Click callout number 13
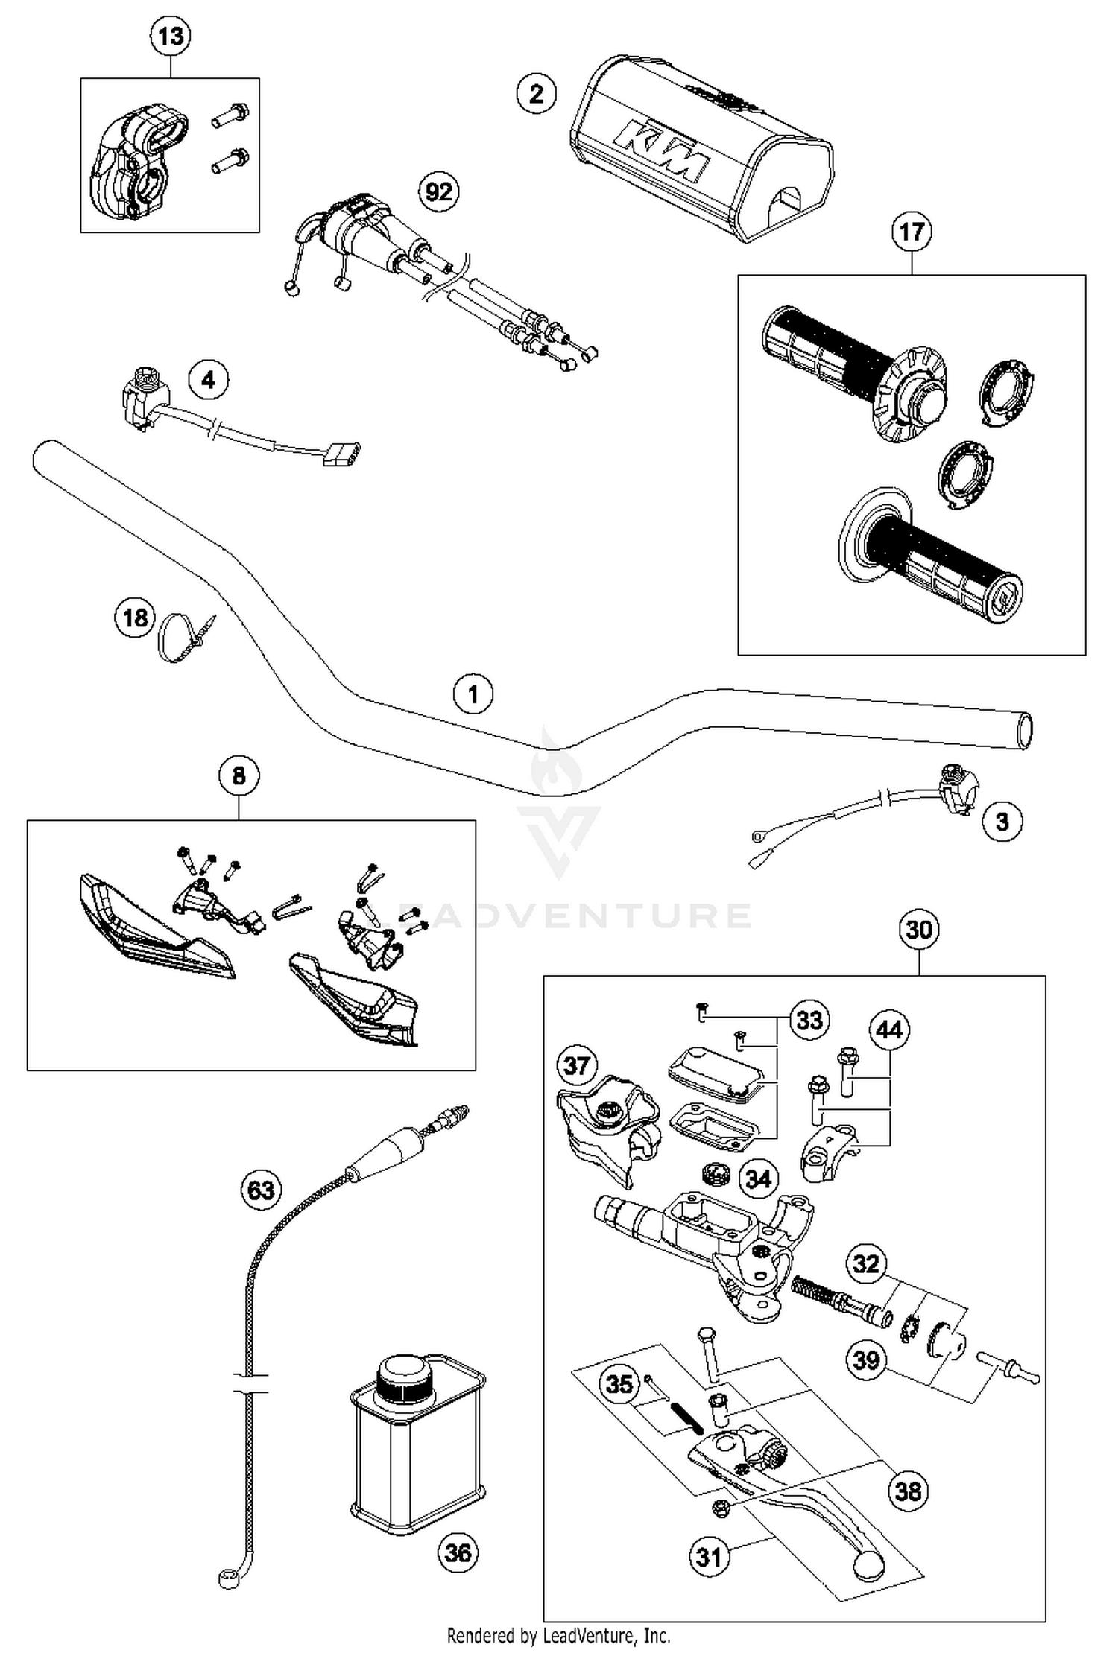point(171,36)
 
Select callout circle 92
point(438,192)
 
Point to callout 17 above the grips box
point(911,232)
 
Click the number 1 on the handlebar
point(473,694)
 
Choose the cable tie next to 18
point(184,636)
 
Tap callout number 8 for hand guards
point(239,776)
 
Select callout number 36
point(458,1553)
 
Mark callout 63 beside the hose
point(261,1190)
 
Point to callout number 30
point(919,930)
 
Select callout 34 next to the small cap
point(758,1178)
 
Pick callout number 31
point(709,1556)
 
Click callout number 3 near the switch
point(1002,822)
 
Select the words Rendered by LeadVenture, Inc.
point(558,1635)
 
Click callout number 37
point(577,1065)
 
